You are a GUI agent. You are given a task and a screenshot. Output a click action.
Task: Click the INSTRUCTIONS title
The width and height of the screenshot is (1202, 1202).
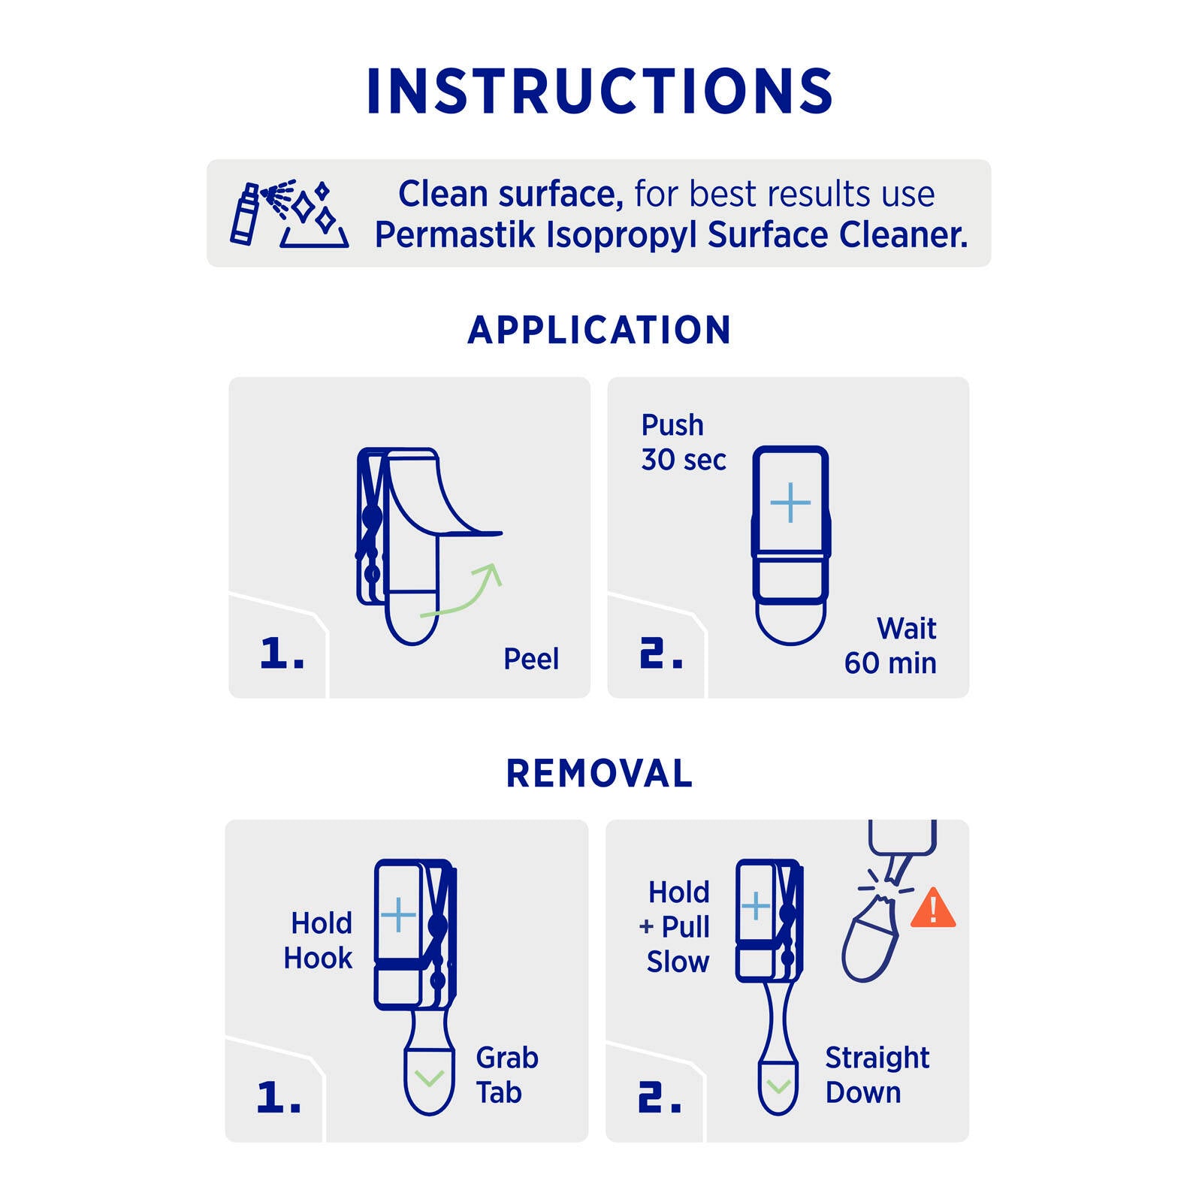599,92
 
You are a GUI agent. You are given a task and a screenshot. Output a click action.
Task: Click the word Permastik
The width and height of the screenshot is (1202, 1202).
455,235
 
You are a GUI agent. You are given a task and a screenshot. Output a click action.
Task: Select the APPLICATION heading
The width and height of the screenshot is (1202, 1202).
599,331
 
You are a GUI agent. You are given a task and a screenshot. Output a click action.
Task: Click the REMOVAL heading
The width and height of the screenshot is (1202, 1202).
599,774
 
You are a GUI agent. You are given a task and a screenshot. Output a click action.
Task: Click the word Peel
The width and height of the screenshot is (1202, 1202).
531,660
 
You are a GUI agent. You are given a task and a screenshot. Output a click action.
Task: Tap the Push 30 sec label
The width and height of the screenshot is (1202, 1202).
684,442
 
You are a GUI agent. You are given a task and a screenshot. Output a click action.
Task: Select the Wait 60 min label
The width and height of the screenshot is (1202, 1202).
890,645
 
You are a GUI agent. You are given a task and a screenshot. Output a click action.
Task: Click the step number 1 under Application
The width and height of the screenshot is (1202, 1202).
282,653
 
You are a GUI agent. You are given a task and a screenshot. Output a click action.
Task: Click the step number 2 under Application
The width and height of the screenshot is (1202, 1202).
662,653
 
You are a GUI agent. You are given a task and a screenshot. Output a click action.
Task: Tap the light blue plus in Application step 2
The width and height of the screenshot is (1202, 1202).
790,503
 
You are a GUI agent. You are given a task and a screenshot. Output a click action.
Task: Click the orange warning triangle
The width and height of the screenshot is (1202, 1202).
933,908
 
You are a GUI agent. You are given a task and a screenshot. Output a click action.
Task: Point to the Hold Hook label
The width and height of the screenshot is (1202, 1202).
318,941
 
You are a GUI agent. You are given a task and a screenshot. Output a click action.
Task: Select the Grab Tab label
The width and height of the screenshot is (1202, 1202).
507,1075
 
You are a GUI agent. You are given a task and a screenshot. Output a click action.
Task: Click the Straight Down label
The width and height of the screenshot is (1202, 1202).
877,1075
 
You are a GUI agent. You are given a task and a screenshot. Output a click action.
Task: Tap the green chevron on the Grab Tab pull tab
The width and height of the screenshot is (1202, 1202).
429,1078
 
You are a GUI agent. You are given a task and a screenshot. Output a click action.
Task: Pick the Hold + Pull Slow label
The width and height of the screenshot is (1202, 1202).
675,927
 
